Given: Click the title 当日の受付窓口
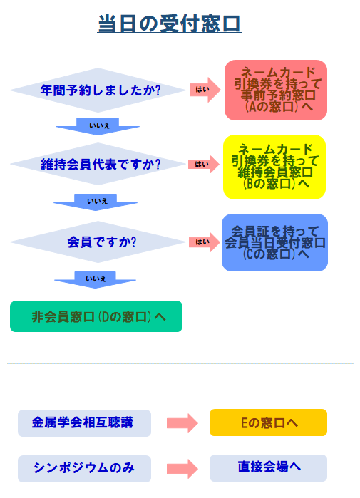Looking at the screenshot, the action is [x=169, y=24].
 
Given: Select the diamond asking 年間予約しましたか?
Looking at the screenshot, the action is [x=98, y=90].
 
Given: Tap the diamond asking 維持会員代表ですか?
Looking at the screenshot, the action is [x=98, y=164].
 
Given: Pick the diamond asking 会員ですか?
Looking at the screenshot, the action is [x=98, y=242].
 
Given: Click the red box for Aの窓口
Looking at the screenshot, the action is [x=276, y=90].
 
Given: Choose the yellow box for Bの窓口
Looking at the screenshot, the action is [x=274, y=167].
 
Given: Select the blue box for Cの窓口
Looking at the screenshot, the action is [x=275, y=243].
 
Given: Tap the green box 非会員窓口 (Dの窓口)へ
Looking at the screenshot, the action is [x=96, y=316].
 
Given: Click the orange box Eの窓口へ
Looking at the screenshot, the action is [x=268, y=422].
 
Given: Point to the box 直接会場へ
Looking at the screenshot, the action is [x=268, y=468].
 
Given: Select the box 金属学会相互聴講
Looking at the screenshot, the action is [x=84, y=423].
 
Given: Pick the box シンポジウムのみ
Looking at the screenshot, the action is [x=84, y=469].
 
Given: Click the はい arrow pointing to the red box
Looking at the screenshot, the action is [x=205, y=90].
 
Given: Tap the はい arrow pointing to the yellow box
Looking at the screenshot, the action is [x=204, y=164].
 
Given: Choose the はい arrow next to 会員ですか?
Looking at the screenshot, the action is [x=205, y=242].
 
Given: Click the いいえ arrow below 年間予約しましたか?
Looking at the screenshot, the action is [x=98, y=126].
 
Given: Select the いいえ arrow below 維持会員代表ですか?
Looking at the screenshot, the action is [x=96, y=202].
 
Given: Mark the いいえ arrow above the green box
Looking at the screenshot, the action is [x=95, y=280].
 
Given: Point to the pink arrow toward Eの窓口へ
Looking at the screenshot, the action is [x=182, y=423].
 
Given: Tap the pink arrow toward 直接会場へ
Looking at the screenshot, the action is [x=182, y=469].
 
